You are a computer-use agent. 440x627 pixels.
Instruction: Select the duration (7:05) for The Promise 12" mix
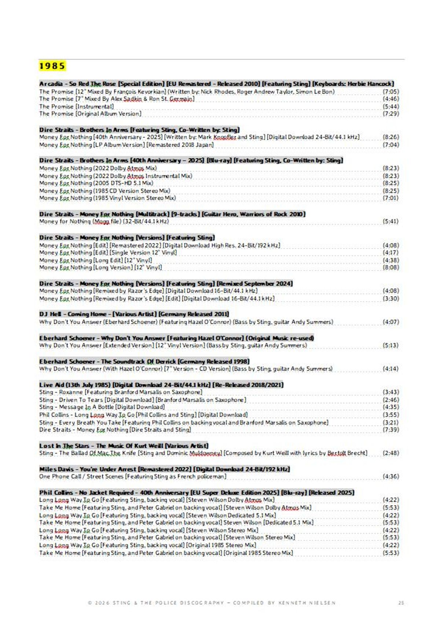click(x=390, y=92)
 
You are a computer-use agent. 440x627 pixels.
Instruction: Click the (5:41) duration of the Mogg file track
click(x=390, y=221)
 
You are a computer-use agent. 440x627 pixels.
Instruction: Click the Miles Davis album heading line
click(x=164, y=469)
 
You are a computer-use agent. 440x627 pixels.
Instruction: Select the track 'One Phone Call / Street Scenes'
click(x=132, y=476)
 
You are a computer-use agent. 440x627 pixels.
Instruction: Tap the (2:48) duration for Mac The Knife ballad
click(x=390, y=453)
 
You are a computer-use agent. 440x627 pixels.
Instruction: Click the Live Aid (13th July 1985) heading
click(x=161, y=385)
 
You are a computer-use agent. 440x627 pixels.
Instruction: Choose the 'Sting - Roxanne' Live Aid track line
click(x=121, y=392)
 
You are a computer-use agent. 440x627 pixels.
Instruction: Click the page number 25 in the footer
click(x=401, y=602)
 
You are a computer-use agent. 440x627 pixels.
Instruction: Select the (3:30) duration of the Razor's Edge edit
click(x=390, y=298)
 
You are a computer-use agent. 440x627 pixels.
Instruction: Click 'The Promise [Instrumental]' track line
click(x=76, y=106)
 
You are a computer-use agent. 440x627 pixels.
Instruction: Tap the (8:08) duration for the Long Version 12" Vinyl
click(x=390, y=267)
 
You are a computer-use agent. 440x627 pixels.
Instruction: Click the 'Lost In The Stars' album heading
click(x=124, y=445)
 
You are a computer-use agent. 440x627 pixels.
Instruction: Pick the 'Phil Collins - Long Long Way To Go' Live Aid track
click(x=143, y=415)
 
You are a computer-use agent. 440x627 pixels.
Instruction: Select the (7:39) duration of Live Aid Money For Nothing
click(x=390, y=429)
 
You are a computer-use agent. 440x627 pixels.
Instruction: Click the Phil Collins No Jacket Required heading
click(x=197, y=492)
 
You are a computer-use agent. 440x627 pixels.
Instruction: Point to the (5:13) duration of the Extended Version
click(x=390, y=345)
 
